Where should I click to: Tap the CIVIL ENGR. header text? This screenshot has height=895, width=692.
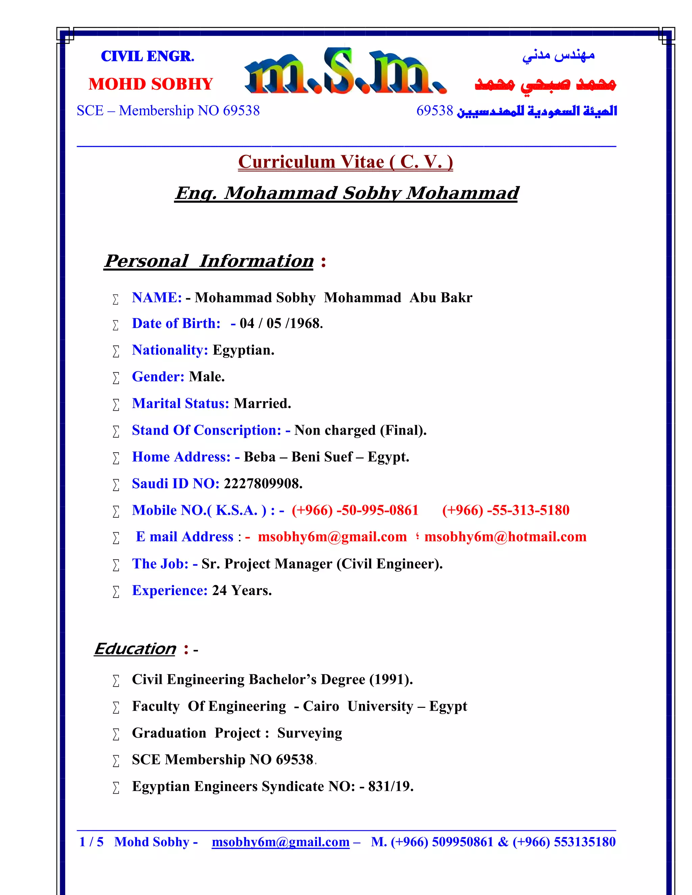click(148, 56)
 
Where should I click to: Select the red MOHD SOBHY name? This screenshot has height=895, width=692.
click(150, 84)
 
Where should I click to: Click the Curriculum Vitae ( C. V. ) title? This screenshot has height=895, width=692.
click(345, 162)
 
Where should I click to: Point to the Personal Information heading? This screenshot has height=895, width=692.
click(209, 261)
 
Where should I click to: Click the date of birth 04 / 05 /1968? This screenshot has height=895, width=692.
click(281, 323)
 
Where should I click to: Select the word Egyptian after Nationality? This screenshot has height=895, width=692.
click(243, 350)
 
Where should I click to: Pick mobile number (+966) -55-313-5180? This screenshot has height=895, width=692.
click(505, 510)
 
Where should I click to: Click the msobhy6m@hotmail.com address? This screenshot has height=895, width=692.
click(505, 537)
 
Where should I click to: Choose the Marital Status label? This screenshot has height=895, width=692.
click(180, 404)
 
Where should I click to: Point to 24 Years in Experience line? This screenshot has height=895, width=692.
click(242, 590)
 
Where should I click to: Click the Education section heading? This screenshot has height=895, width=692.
click(135, 649)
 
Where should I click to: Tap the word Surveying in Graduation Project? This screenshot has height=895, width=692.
click(310, 733)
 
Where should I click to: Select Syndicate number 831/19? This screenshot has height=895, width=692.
click(390, 786)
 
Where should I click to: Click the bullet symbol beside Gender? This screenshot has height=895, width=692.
click(116, 378)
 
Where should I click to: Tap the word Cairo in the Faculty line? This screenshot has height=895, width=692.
click(321, 707)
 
